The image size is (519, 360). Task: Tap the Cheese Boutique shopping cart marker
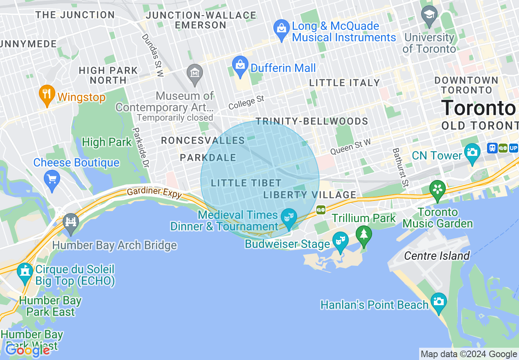(x=52, y=179)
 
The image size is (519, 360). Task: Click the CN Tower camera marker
(x=472, y=152)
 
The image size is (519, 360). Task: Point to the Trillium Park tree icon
(x=363, y=235)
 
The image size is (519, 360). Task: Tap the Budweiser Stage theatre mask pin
(x=340, y=241)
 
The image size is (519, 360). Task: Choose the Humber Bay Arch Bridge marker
(x=71, y=222)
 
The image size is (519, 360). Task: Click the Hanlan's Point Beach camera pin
(x=439, y=302)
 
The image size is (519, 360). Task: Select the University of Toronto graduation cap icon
(x=429, y=15)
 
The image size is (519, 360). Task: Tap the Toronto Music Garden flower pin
(x=438, y=189)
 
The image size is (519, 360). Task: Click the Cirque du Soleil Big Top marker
(x=25, y=272)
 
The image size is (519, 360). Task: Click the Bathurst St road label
(x=400, y=167)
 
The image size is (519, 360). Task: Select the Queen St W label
(x=350, y=146)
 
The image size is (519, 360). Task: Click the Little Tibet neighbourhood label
(x=246, y=183)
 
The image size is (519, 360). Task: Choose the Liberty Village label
(x=310, y=195)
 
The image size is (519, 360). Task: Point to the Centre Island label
(x=437, y=256)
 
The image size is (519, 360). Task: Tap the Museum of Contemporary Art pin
(x=194, y=73)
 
